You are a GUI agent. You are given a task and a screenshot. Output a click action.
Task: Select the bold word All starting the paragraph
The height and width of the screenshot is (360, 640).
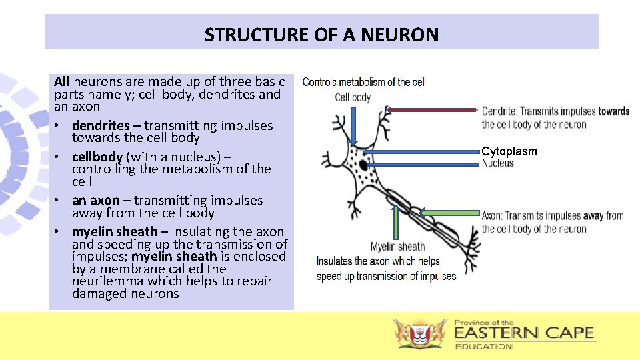click(x=62, y=81)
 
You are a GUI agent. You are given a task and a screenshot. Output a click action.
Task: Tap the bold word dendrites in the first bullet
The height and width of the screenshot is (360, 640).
click(x=101, y=125)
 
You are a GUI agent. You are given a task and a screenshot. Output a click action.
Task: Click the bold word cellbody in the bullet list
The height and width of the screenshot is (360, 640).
click(x=97, y=157)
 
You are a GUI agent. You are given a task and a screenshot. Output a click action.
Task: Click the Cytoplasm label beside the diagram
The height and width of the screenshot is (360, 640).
click(x=509, y=151)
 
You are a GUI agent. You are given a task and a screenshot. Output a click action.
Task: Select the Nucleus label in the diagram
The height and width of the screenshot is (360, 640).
click(x=497, y=163)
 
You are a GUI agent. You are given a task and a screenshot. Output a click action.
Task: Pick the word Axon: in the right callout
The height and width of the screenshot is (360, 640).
click(x=492, y=215)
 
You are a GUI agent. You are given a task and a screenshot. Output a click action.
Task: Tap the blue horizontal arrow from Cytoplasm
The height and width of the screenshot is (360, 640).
click(x=421, y=151)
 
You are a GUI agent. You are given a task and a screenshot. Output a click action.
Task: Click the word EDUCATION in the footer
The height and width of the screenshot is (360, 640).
click(x=483, y=347)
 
